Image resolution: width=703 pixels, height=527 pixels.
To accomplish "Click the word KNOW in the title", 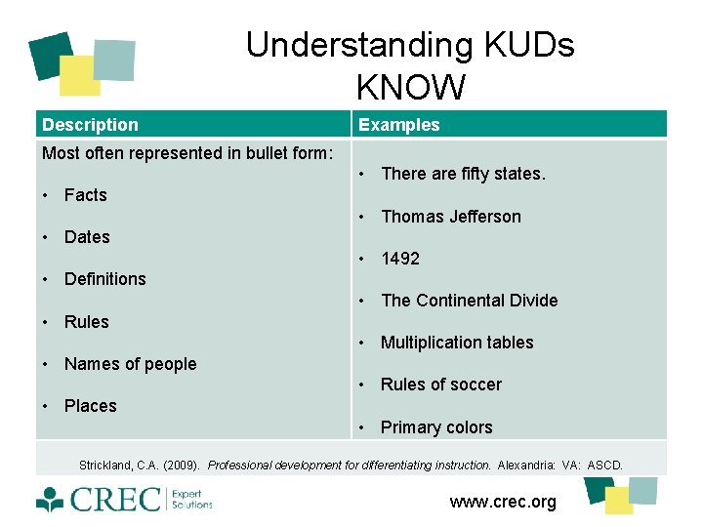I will coord(410,88).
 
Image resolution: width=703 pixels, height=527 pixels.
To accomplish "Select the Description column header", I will coord(90,125).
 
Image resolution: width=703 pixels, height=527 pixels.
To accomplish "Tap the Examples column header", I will coord(398,125).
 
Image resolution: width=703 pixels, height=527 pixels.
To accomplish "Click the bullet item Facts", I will coord(85,195).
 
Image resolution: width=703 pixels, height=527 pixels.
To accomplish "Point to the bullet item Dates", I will coord(87,237).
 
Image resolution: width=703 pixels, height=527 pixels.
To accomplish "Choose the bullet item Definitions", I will coord(104,279).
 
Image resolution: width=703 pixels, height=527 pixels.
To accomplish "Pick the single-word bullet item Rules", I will coord(86,322).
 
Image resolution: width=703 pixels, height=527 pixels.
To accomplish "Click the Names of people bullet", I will coord(130,364).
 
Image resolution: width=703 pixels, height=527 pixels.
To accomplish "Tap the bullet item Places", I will coord(90,406).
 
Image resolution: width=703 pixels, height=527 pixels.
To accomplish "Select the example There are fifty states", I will coord(463,174).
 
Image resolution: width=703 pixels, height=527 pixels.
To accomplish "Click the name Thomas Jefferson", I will coord(450,217).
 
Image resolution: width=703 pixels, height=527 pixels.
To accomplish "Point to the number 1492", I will coord(400,259).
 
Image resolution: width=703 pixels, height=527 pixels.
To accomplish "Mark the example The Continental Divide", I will coord(469,301).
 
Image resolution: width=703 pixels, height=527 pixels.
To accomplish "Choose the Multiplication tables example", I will coord(457,343).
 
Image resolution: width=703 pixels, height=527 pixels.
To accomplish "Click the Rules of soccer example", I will coord(440,385).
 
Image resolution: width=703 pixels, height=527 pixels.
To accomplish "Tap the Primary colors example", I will coord(436,427).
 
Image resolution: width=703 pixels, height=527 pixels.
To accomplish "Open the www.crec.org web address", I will coord(503,502).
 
